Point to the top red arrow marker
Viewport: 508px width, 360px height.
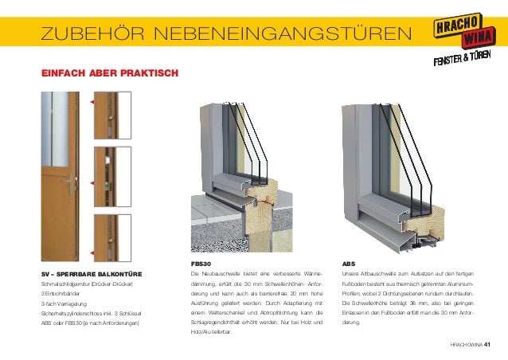point(93,103)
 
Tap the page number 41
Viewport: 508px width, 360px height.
point(487,344)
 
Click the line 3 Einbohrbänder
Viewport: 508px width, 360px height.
point(63,294)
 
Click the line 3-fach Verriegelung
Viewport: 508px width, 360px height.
point(64,303)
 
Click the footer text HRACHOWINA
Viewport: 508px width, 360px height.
point(465,344)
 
